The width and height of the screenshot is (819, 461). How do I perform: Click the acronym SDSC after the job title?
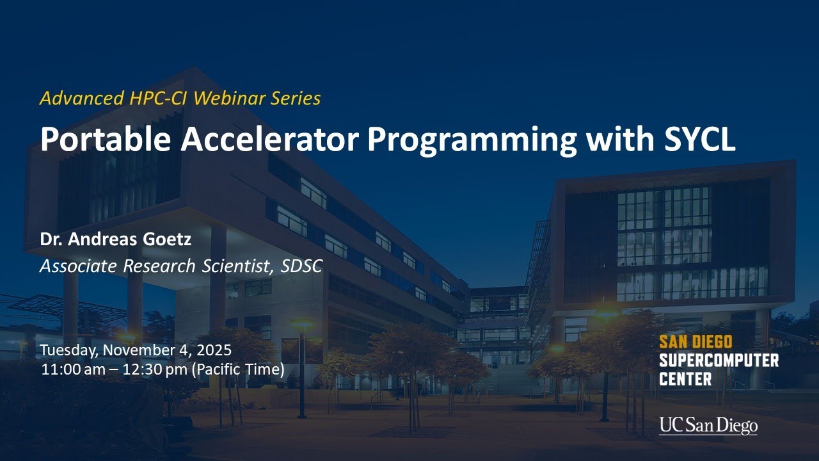tap(301, 266)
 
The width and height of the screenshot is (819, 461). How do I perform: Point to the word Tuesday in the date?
tap(68, 351)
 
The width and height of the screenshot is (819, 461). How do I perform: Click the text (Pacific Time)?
tap(237, 370)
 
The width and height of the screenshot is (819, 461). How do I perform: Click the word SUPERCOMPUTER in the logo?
tap(719, 360)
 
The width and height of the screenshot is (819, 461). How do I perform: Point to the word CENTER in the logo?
tap(685, 379)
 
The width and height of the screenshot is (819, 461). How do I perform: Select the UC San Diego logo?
tap(708, 425)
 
